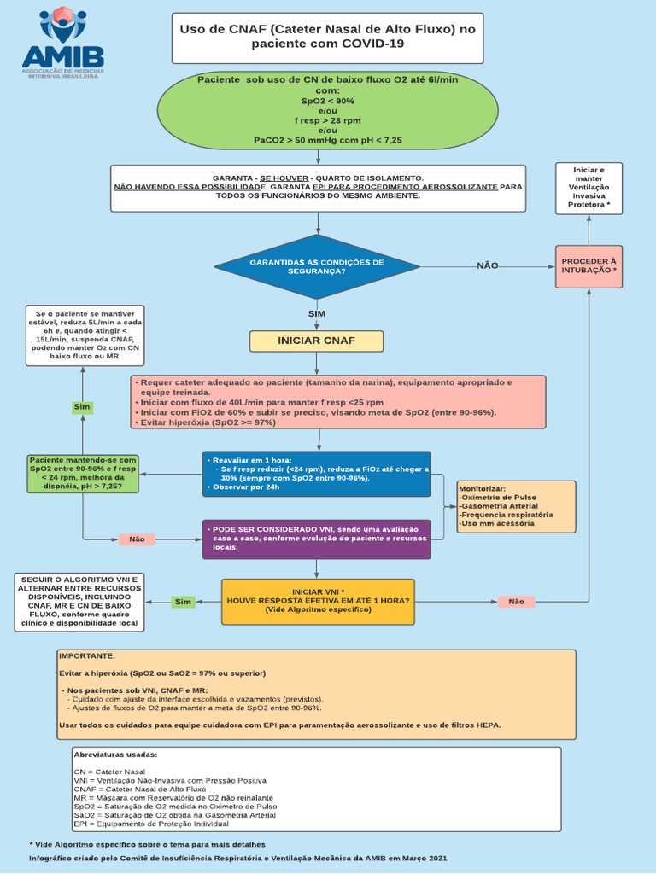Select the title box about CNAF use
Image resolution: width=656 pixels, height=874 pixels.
[x=327, y=38]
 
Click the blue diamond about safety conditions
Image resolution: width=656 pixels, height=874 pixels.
[x=317, y=266]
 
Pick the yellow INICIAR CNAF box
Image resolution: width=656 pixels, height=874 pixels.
[x=316, y=341]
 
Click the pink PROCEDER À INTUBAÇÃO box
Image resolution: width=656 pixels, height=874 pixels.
[x=589, y=265]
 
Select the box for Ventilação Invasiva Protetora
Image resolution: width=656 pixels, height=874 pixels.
[x=589, y=188]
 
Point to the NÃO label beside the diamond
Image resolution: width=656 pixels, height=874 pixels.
[x=487, y=265]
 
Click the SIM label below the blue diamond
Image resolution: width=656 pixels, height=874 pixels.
[x=317, y=313]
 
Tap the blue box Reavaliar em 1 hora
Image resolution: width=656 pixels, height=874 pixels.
[x=316, y=474]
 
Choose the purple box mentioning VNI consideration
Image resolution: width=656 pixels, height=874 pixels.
[x=316, y=539]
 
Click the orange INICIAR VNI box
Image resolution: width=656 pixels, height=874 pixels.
[x=318, y=601]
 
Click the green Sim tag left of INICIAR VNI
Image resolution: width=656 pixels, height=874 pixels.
[x=183, y=602]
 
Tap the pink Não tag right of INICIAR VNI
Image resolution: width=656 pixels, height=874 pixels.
[x=516, y=602]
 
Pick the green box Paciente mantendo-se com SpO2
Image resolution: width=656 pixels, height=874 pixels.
[x=82, y=473]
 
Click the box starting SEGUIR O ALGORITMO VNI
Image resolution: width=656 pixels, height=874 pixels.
[x=80, y=602]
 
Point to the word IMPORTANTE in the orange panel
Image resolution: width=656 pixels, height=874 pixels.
[x=87, y=655]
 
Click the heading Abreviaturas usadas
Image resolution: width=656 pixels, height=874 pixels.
[x=116, y=755]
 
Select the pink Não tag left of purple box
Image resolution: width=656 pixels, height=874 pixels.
[x=137, y=539]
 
